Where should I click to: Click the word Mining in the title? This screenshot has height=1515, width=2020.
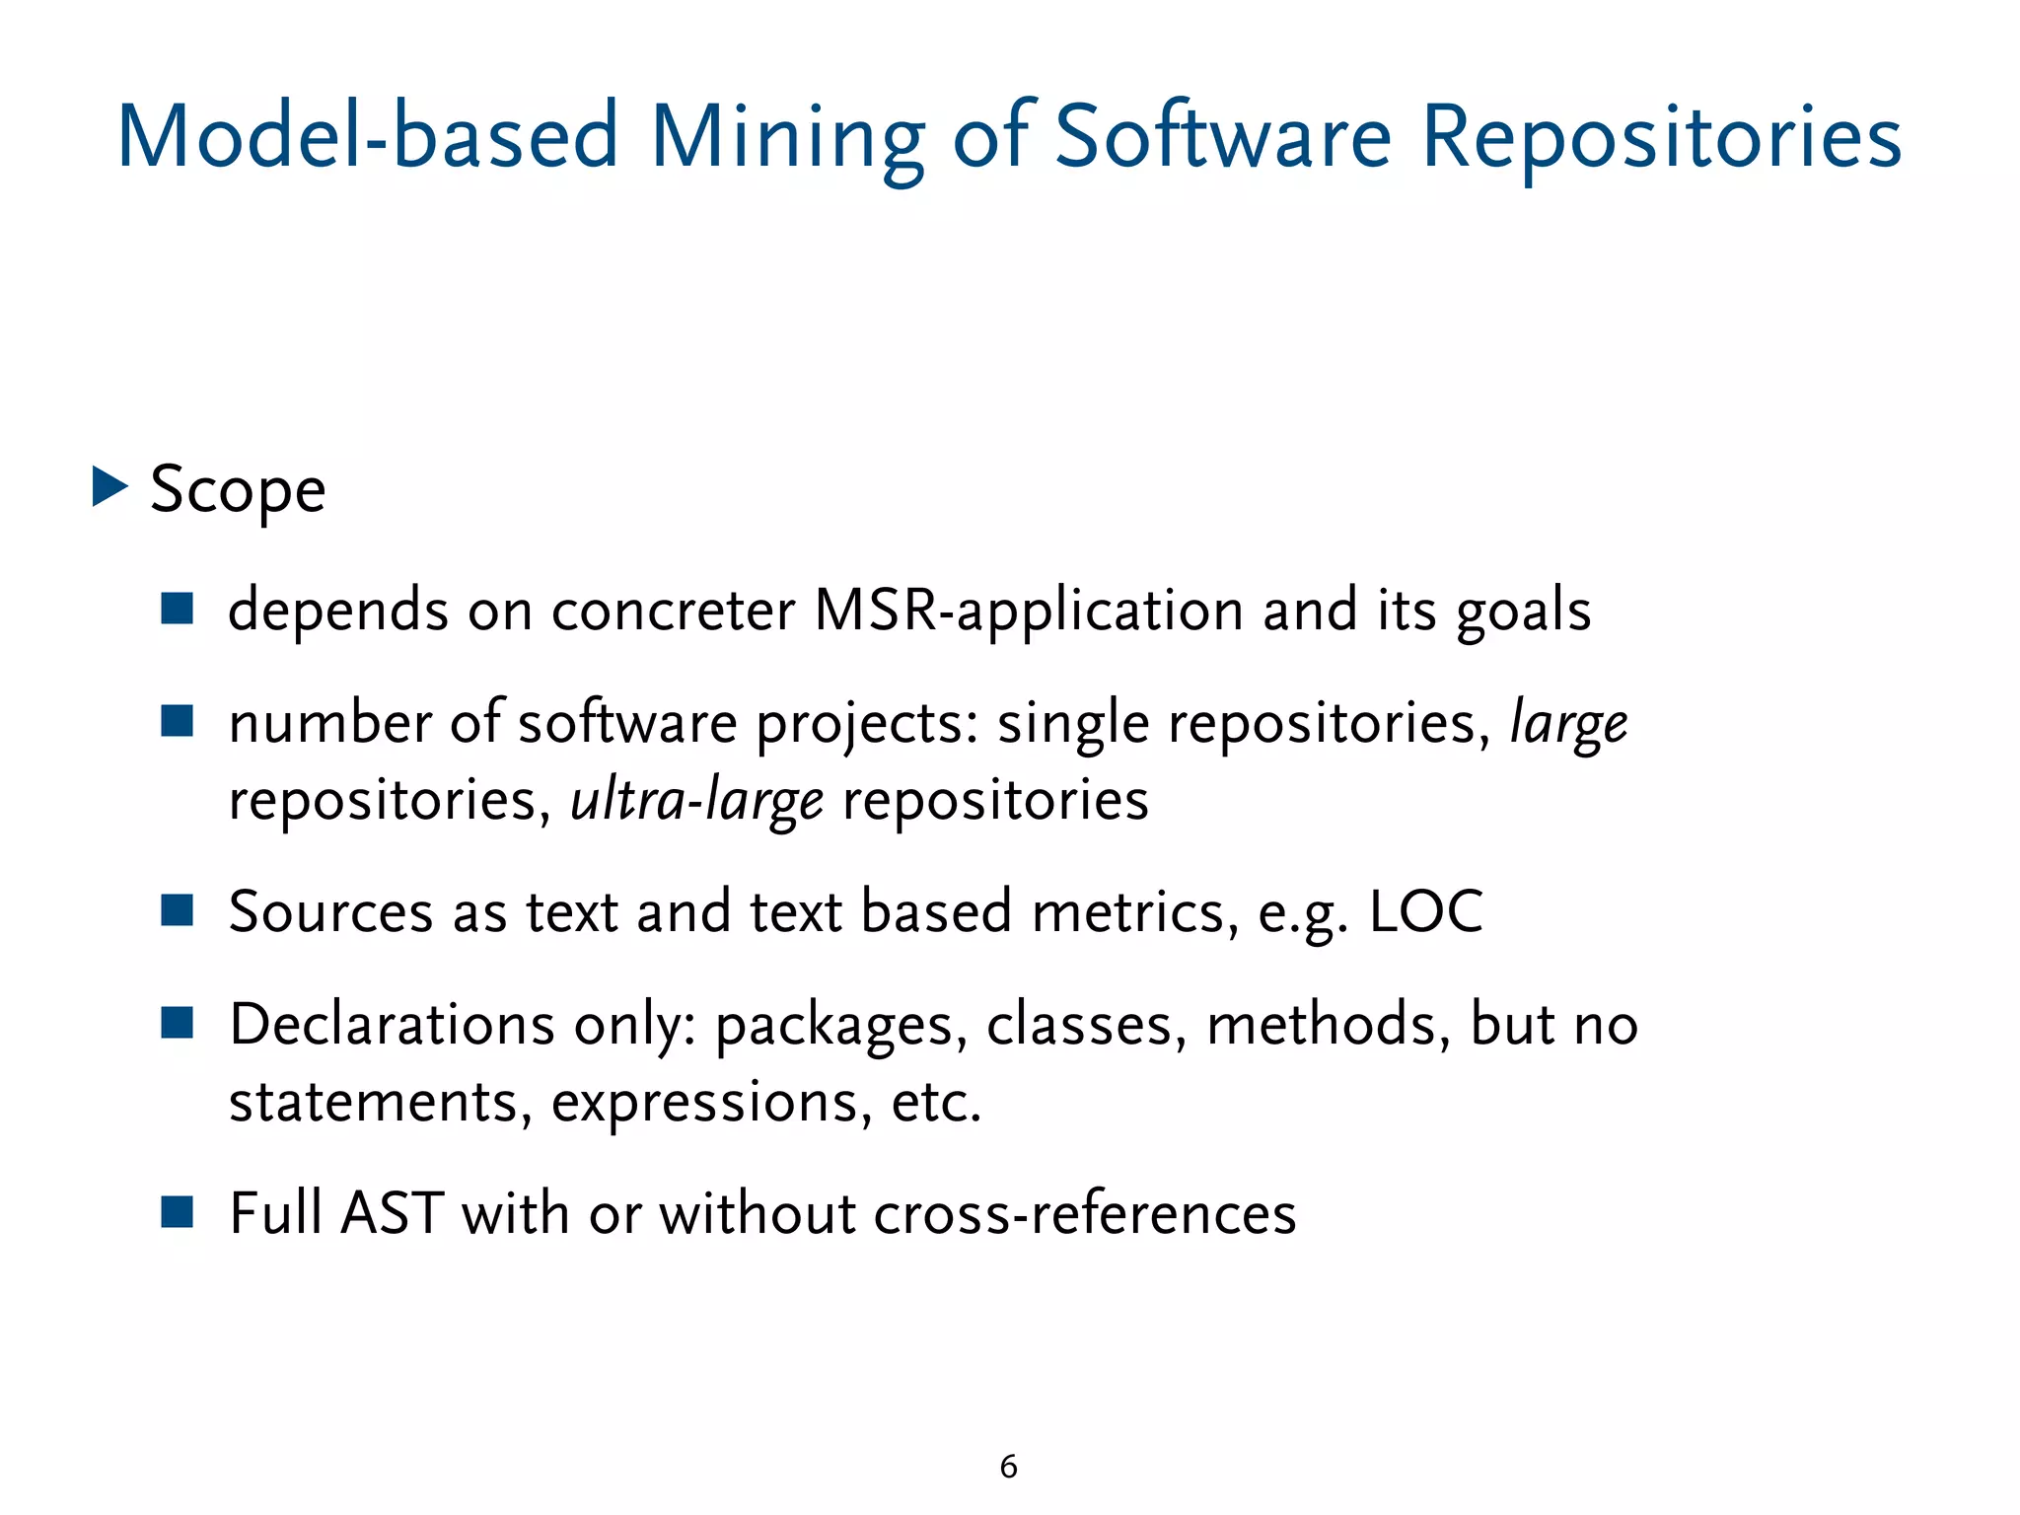tap(787, 138)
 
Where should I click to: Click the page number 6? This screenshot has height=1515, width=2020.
tap(1008, 1467)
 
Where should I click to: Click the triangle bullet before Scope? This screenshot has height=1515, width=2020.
tap(109, 487)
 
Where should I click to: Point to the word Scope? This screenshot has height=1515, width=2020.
tap(238, 489)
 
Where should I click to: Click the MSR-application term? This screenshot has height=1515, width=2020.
tap(1029, 611)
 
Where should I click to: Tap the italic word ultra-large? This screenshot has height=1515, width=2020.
tap(696, 800)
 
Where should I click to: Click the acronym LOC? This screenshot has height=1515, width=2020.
tap(1426, 911)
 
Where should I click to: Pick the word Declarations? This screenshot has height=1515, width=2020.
tap(392, 1024)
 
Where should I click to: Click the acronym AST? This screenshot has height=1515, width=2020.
tap(392, 1213)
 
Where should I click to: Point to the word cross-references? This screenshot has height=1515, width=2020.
tap(1085, 1213)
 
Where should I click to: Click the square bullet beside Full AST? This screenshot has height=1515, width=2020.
tap(178, 1212)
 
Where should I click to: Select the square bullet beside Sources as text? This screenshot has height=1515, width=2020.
tap(178, 910)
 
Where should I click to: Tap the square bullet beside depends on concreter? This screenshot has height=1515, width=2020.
tap(178, 609)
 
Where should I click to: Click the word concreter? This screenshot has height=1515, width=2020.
tap(673, 611)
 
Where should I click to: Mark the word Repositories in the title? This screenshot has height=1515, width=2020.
tap(1661, 138)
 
